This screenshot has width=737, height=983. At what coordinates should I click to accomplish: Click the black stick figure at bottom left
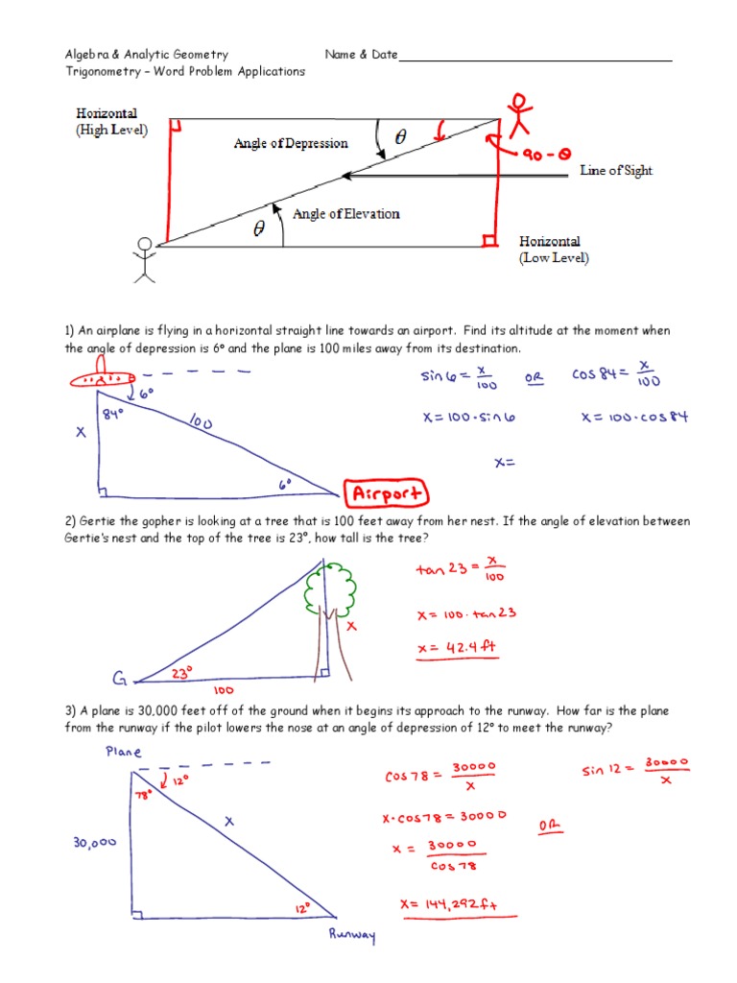click(144, 259)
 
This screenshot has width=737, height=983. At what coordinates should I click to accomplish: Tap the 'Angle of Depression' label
click(291, 144)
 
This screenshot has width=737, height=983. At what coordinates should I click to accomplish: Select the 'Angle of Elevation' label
click(345, 213)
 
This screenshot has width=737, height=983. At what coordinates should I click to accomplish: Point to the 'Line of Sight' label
click(615, 171)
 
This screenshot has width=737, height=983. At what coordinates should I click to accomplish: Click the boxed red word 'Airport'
click(389, 494)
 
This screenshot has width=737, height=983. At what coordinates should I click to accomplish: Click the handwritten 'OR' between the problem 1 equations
click(534, 378)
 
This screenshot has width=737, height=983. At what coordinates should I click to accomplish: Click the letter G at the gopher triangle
click(121, 681)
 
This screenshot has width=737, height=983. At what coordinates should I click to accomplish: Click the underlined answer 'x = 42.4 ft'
click(458, 649)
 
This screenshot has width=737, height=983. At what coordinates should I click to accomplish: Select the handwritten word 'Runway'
click(351, 934)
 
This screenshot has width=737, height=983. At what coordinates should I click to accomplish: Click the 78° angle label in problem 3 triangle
click(144, 795)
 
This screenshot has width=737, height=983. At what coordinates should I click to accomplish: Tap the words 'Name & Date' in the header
click(361, 55)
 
